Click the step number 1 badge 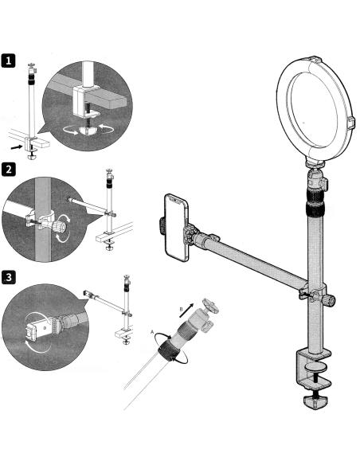[8, 61]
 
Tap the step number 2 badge [8, 170]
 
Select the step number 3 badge [8, 277]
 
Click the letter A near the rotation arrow [152, 332]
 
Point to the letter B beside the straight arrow [181, 309]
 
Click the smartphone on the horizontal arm [177, 228]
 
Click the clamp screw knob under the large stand [315, 401]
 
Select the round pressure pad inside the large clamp [315, 368]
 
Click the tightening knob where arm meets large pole [330, 300]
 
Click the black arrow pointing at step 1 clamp [17, 147]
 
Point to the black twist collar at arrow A [168, 351]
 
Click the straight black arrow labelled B [186, 311]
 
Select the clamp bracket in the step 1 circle [87, 101]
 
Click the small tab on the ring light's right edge [350, 123]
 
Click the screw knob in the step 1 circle [87, 131]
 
